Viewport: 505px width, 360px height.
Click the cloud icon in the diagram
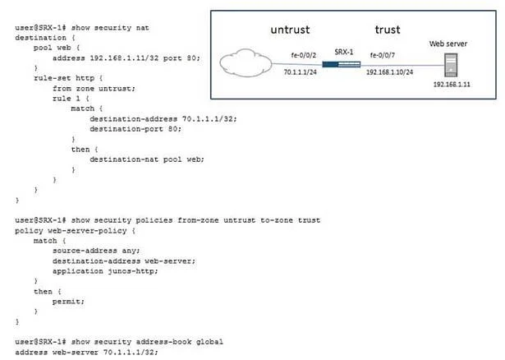pyautogui.click(x=246, y=62)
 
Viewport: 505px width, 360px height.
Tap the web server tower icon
pyautogui.click(x=451, y=65)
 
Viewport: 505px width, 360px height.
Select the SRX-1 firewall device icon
pyautogui.click(x=342, y=64)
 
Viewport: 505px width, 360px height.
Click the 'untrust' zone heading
pyautogui.click(x=290, y=30)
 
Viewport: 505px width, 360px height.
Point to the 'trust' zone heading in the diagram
pyautogui.click(x=388, y=30)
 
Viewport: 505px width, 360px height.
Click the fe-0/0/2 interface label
pyautogui.click(x=303, y=55)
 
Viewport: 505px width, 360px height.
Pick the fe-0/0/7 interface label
pyautogui.click(x=383, y=55)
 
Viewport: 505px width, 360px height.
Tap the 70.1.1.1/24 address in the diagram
pyautogui.click(x=301, y=72)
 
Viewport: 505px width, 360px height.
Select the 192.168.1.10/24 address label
pyautogui.click(x=389, y=72)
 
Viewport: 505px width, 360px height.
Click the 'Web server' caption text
pyautogui.click(x=448, y=44)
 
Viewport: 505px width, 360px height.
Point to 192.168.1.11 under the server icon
pyautogui.click(x=452, y=84)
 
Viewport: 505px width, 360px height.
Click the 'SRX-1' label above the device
pyautogui.click(x=343, y=52)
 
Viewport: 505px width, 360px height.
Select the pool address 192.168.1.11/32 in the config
pyautogui.click(x=124, y=58)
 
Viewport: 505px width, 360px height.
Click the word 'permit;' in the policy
pyautogui.click(x=68, y=302)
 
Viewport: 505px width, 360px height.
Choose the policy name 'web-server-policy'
pyautogui.click(x=87, y=231)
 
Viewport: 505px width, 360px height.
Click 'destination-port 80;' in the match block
pyautogui.click(x=135, y=129)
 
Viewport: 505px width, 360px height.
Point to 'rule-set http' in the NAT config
pyautogui.click(x=64, y=78)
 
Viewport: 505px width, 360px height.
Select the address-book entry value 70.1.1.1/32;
pyautogui.click(x=131, y=352)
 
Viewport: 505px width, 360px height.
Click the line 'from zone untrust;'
pyautogui.click(x=94, y=88)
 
